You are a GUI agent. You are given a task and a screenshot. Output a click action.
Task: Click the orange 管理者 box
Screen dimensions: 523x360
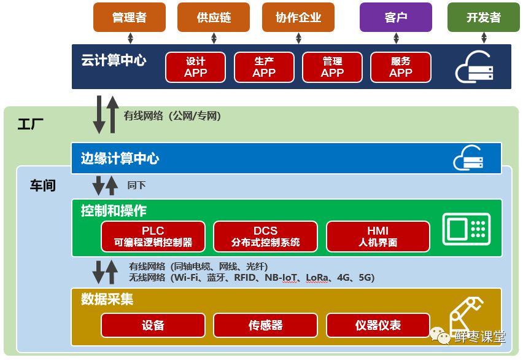[130, 17]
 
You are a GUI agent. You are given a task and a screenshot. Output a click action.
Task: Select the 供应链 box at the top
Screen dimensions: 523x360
[214, 17]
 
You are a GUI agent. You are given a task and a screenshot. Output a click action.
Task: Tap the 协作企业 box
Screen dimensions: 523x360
[298, 17]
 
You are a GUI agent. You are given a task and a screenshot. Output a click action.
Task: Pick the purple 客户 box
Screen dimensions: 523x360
[396, 17]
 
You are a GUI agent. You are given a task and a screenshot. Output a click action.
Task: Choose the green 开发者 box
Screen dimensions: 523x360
[483, 17]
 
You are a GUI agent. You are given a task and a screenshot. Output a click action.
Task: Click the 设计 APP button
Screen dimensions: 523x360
[196, 67]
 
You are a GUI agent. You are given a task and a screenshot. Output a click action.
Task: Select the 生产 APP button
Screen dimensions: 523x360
[264, 67]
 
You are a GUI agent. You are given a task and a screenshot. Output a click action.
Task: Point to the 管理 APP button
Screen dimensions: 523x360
[332, 67]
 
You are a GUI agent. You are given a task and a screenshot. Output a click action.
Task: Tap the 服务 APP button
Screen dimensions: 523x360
[401, 67]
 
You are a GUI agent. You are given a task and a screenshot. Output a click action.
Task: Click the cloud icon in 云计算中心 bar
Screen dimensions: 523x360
[474, 68]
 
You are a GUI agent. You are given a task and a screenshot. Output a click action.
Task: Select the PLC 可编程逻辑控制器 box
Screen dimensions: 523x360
[153, 237]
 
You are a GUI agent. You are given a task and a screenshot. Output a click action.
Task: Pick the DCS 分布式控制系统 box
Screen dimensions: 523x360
[266, 237]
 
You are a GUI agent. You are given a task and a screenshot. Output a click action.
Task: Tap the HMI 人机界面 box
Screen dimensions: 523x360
[378, 237]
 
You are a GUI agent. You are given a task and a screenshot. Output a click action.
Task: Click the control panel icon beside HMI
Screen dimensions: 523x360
[467, 228]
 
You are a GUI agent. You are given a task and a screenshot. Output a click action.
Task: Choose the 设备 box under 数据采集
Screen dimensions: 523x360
[153, 325]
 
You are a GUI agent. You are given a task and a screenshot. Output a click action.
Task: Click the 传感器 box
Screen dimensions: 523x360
[266, 325]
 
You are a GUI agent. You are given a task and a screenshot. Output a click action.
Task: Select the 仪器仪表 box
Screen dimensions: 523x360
[378, 325]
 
